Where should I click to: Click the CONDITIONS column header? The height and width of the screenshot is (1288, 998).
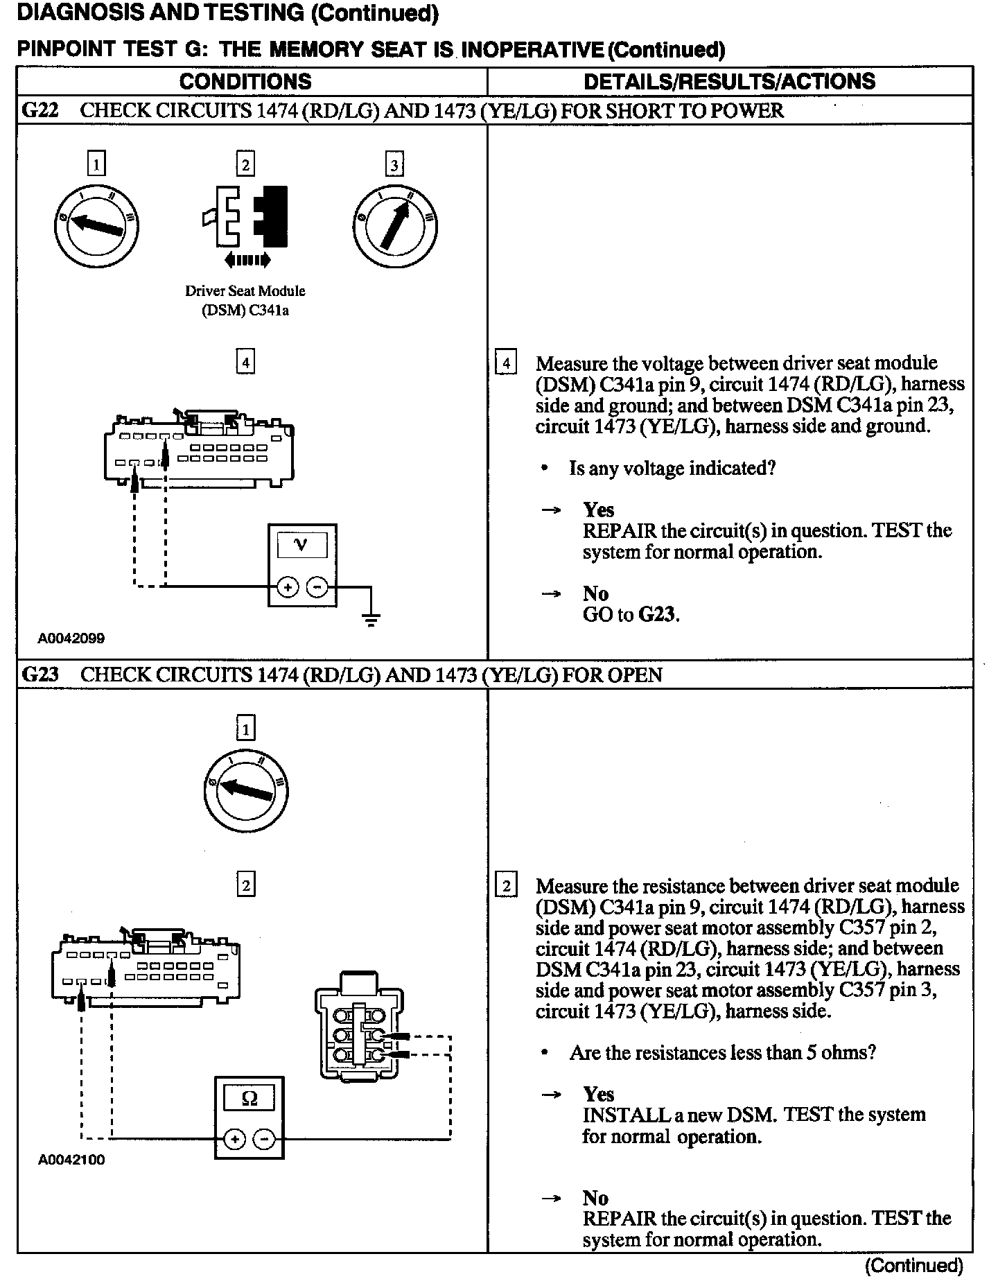coord(245,81)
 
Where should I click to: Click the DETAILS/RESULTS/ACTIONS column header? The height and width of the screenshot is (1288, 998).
coord(729,81)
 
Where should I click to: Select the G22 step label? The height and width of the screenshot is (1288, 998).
coord(40,111)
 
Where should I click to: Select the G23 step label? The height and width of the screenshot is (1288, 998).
coord(40,675)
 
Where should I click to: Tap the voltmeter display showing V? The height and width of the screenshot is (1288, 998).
coord(301,545)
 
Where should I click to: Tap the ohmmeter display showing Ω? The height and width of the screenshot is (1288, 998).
coord(249,1098)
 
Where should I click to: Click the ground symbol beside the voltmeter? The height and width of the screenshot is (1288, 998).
coord(371,618)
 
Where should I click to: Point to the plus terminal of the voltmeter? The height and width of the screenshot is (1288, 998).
coord(287,588)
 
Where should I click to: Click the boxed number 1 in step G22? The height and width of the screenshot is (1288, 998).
coord(96,164)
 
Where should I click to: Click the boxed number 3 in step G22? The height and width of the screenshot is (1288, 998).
coord(394,164)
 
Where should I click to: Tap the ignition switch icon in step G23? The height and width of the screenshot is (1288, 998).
coord(246,790)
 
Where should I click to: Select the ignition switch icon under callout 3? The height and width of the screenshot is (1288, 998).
coord(394,226)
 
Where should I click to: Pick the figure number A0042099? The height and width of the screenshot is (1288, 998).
coord(71,638)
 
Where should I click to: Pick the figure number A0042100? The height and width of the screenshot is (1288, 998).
coord(71,1160)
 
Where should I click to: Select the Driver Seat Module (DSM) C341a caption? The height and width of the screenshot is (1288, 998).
coord(245,300)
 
